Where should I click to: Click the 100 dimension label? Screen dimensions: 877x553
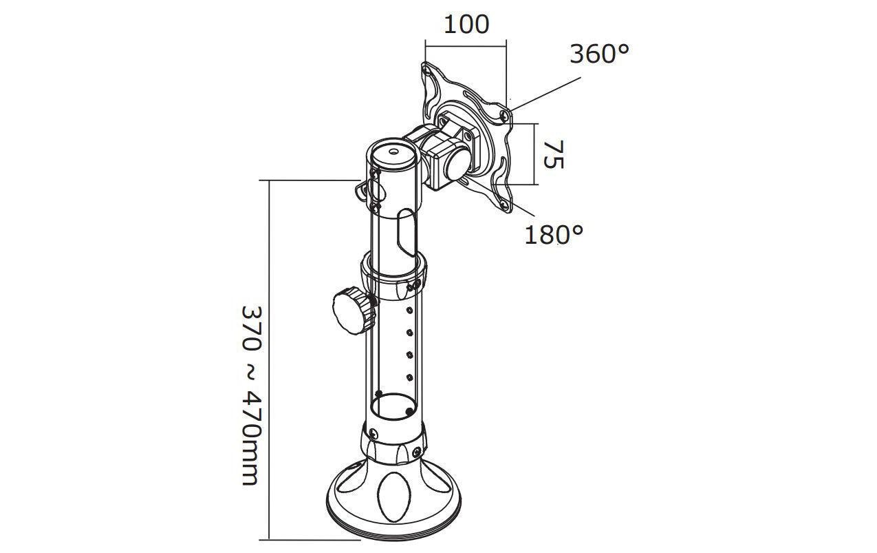point(466,25)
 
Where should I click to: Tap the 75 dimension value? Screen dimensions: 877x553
point(554,154)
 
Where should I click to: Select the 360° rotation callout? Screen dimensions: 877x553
point(599,54)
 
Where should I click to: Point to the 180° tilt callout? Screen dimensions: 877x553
point(554,235)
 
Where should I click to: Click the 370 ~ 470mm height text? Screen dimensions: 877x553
point(250,395)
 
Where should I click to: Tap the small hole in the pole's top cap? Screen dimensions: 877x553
point(393,151)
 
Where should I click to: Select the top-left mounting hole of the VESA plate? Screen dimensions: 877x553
point(426,71)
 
